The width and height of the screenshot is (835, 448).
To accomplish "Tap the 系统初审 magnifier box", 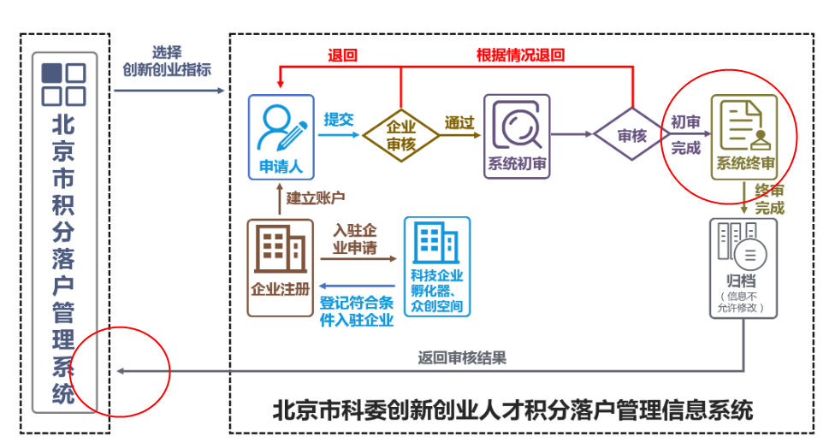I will [517, 137].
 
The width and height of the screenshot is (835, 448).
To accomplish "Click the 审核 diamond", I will [632, 135].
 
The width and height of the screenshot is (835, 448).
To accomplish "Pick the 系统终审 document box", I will [745, 137].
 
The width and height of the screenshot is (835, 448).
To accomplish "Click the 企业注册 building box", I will [280, 268].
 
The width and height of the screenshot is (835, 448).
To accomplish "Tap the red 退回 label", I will [342, 56].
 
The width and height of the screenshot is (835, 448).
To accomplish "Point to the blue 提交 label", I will [338, 120].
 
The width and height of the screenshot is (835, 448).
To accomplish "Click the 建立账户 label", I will [315, 198].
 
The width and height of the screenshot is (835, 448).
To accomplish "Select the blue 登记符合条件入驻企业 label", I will [357, 311].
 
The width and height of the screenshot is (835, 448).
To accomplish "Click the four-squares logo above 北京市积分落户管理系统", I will [64, 84].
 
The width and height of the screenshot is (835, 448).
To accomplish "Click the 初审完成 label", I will [686, 134].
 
